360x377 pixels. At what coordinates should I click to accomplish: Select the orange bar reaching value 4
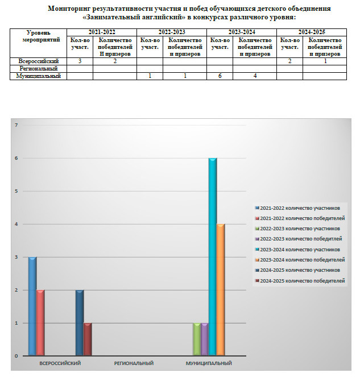tap(221, 290)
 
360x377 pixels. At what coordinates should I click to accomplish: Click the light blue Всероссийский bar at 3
tap(32, 306)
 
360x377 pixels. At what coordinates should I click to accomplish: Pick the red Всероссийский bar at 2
tap(40, 323)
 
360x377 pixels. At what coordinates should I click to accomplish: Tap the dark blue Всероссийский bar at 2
tap(80, 323)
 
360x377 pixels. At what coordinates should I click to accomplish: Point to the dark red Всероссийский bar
tap(88, 339)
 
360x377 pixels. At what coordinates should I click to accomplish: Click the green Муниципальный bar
tap(197, 339)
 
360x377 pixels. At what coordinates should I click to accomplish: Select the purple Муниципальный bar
tap(205, 339)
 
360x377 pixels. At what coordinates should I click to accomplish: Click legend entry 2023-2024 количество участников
tap(299, 250)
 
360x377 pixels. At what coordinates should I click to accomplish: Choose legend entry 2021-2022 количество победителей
tap(299, 218)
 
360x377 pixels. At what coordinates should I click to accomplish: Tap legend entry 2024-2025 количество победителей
tap(299, 281)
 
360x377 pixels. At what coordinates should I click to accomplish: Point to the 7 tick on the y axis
tap(16, 125)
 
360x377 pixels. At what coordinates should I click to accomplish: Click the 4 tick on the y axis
tap(16, 224)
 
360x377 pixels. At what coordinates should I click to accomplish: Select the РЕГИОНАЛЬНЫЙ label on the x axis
tap(134, 363)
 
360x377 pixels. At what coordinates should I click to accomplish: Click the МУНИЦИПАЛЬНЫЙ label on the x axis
tap(209, 363)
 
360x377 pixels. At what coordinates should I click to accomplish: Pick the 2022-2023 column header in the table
tap(171, 33)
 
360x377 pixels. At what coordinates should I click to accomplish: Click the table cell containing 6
tap(220, 76)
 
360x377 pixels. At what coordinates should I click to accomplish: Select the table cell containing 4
tap(255, 76)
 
